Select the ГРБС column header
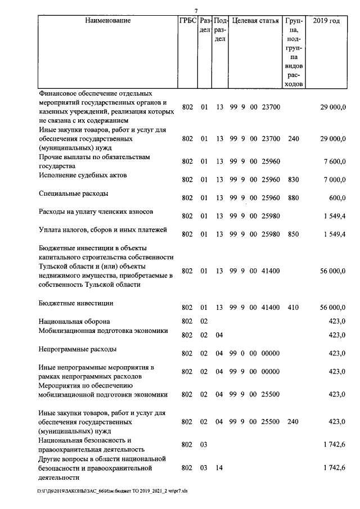(x=187, y=21)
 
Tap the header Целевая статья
(x=255, y=21)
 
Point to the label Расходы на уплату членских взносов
(x=96, y=211)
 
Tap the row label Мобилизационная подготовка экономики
(x=103, y=331)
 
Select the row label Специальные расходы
(x=73, y=193)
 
